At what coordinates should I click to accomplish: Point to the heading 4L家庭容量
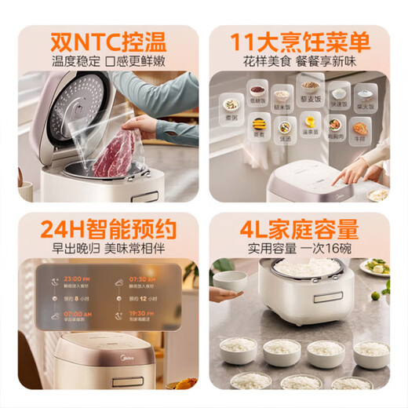pyautogui.click(x=303, y=228)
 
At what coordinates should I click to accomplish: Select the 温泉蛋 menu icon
pyautogui.click(x=311, y=124)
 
